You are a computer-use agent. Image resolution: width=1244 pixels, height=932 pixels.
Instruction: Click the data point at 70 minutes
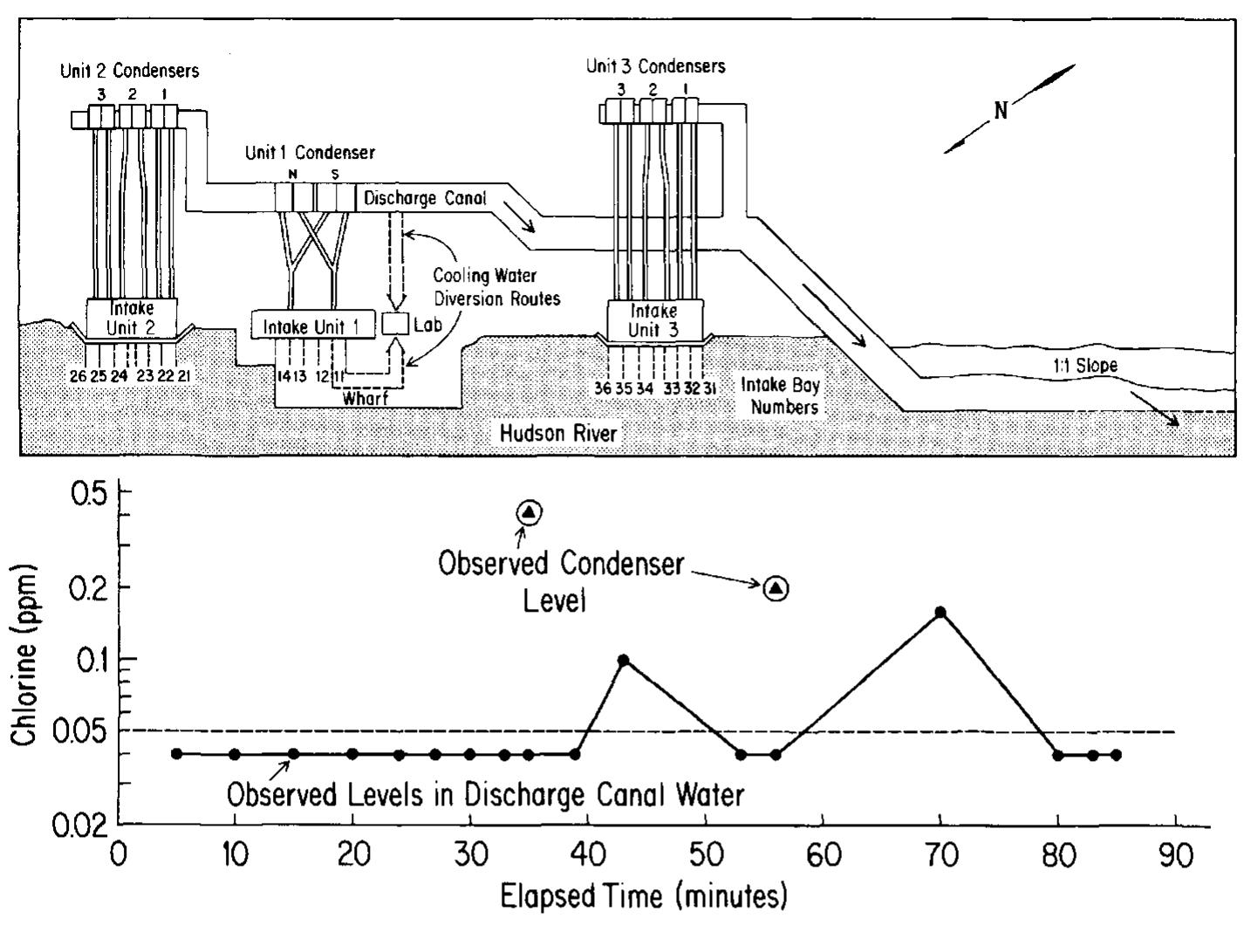pyautogui.click(x=940, y=612)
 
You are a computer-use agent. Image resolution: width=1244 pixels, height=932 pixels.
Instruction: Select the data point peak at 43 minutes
pyautogui.click(x=623, y=660)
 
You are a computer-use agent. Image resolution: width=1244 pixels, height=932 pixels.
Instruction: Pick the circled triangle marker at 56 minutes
pyautogui.click(x=776, y=589)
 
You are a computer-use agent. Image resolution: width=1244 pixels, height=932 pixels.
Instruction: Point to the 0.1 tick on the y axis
pyautogui.click(x=123, y=659)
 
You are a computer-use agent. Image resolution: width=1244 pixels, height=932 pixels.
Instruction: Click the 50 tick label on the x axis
pyautogui.click(x=705, y=855)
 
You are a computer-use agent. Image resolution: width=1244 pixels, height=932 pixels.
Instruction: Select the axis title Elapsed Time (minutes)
pyautogui.click(x=643, y=896)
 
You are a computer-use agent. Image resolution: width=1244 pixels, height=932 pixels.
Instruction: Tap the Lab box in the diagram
pyautogui.click(x=396, y=324)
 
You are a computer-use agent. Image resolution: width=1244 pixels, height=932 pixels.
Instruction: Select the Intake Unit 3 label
pyautogui.click(x=655, y=319)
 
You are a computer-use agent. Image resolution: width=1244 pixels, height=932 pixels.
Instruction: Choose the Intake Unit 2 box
pyautogui.click(x=132, y=318)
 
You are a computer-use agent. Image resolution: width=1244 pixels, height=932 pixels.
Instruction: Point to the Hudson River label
pyautogui.click(x=557, y=433)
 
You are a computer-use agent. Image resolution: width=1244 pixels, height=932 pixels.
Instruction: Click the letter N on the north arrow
pyautogui.click(x=1000, y=111)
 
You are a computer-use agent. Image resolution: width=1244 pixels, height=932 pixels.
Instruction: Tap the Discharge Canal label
pyautogui.click(x=425, y=198)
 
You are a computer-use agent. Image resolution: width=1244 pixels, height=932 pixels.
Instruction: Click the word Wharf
pyautogui.click(x=366, y=398)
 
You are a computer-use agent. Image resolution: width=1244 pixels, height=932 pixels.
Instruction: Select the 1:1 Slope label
pyautogui.click(x=1084, y=366)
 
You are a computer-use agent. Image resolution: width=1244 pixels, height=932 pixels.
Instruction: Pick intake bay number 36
pyautogui.click(x=603, y=388)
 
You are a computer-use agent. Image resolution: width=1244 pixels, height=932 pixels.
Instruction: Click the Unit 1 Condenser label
pyautogui.click(x=310, y=153)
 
